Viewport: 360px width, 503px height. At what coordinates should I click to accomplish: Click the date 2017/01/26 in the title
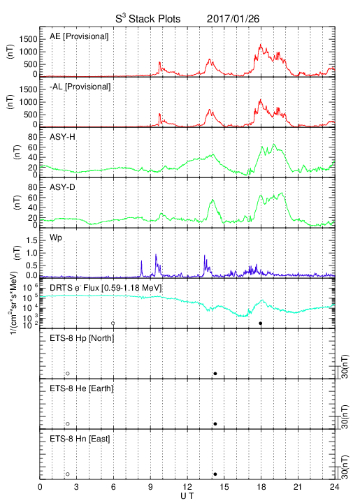pyautogui.click(x=233, y=19)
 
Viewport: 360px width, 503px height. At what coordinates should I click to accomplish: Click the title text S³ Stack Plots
pyautogui.click(x=148, y=19)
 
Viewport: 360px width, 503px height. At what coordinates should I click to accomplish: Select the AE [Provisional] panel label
pyautogui.click(x=79, y=36)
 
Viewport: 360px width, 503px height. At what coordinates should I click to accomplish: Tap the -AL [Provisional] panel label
pyautogui.click(x=80, y=87)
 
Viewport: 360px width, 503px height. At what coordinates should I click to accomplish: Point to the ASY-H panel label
pyautogui.click(x=62, y=137)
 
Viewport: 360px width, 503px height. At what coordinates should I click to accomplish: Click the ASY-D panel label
pyautogui.click(x=62, y=187)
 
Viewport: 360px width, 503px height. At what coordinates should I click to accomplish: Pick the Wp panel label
pyautogui.click(x=55, y=238)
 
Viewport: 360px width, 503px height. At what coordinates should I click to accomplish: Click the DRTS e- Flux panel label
pyautogui.click(x=106, y=288)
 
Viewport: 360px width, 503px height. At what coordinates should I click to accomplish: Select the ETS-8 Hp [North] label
pyautogui.click(x=82, y=338)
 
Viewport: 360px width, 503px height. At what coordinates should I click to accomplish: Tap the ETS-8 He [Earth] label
pyautogui.click(x=82, y=388)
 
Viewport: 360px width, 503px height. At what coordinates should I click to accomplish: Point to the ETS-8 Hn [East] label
pyautogui.click(x=80, y=439)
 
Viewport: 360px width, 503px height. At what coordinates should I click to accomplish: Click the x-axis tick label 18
pyautogui.click(x=261, y=487)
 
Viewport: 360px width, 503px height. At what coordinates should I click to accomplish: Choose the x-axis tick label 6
pyautogui.click(x=113, y=487)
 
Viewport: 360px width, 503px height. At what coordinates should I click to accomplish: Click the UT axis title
pyautogui.click(x=187, y=496)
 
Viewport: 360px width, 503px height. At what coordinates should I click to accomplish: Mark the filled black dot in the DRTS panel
pyautogui.click(x=261, y=323)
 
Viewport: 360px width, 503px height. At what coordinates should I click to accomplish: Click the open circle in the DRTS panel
pyautogui.click(x=113, y=323)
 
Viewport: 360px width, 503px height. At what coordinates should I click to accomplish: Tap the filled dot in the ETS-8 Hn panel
pyautogui.click(x=215, y=474)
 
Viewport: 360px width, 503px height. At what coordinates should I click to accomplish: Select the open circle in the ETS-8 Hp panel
pyautogui.click(x=68, y=374)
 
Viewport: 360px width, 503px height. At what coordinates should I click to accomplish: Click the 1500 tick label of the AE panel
pyautogui.click(x=28, y=39)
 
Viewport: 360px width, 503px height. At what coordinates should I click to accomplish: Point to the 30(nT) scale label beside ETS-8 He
pyautogui.click(x=345, y=416)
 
